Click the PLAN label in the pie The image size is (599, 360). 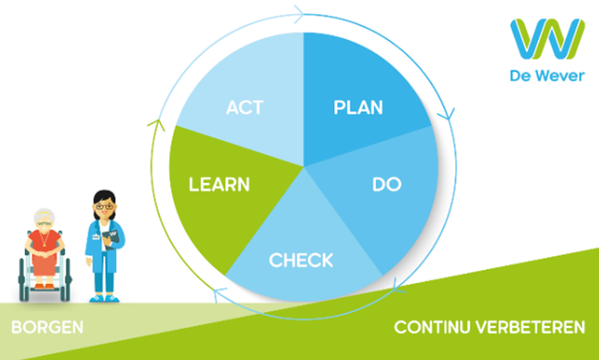(358, 107)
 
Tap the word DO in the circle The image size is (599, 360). (387, 184)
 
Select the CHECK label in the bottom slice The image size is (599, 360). (301, 260)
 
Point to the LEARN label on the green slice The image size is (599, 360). (220, 184)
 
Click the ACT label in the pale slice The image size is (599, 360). (245, 107)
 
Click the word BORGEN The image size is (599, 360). (47, 328)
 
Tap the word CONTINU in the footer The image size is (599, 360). (432, 328)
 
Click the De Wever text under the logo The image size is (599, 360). (547, 76)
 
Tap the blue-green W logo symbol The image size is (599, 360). (547, 39)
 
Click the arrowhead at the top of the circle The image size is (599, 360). (300, 14)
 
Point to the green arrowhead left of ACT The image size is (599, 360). (156, 124)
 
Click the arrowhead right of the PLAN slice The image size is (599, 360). (446, 113)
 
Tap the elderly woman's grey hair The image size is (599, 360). (44, 215)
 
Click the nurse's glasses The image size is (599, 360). (104, 206)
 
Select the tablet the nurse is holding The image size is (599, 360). (111, 239)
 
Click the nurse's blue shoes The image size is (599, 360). (104, 298)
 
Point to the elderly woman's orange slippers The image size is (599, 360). (45, 286)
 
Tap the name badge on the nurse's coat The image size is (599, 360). (96, 237)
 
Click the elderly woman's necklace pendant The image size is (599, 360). (45, 244)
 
